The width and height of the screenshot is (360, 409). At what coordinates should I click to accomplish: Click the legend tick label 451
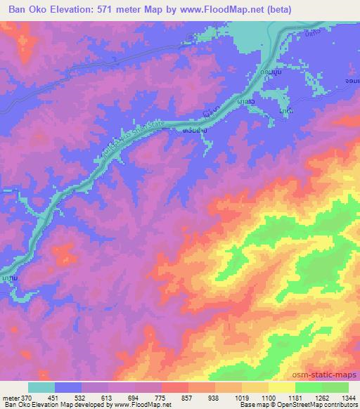[55, 397]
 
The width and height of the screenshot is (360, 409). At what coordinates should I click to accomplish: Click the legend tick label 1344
[349, 397]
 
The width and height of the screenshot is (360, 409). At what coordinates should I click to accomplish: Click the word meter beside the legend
[10, 397]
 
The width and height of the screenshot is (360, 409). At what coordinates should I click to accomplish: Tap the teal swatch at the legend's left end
[41, 387]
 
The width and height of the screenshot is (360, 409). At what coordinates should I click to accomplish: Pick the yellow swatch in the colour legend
[282, 387]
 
